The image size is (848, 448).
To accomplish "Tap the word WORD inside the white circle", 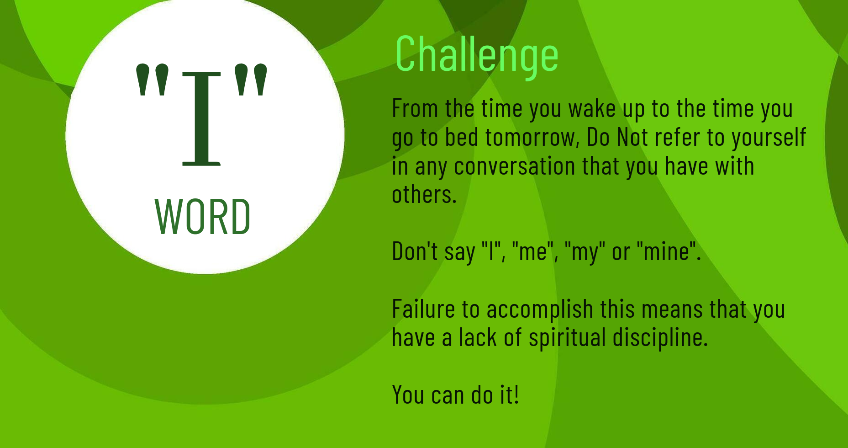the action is (x=203, y=217).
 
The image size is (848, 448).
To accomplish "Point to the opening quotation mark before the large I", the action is (x=153, y=80).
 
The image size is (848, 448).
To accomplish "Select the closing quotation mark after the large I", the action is (x=250, y=80).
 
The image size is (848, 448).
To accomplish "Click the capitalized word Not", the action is (x=632, y=137).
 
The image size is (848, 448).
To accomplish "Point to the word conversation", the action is (x=515, y=166).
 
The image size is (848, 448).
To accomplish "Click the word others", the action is (x=424, y=194).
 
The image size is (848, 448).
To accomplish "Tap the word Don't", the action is (x=415, y=251).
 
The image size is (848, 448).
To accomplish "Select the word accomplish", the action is (x=540, y=310).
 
